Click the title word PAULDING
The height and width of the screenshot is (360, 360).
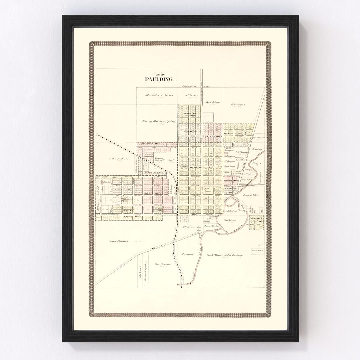tap(159, 79)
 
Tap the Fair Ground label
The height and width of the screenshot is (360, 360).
tap(163, 264)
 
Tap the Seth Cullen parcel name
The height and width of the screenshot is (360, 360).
tap(213, 102)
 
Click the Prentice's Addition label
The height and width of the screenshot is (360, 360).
tap(152, 144)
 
